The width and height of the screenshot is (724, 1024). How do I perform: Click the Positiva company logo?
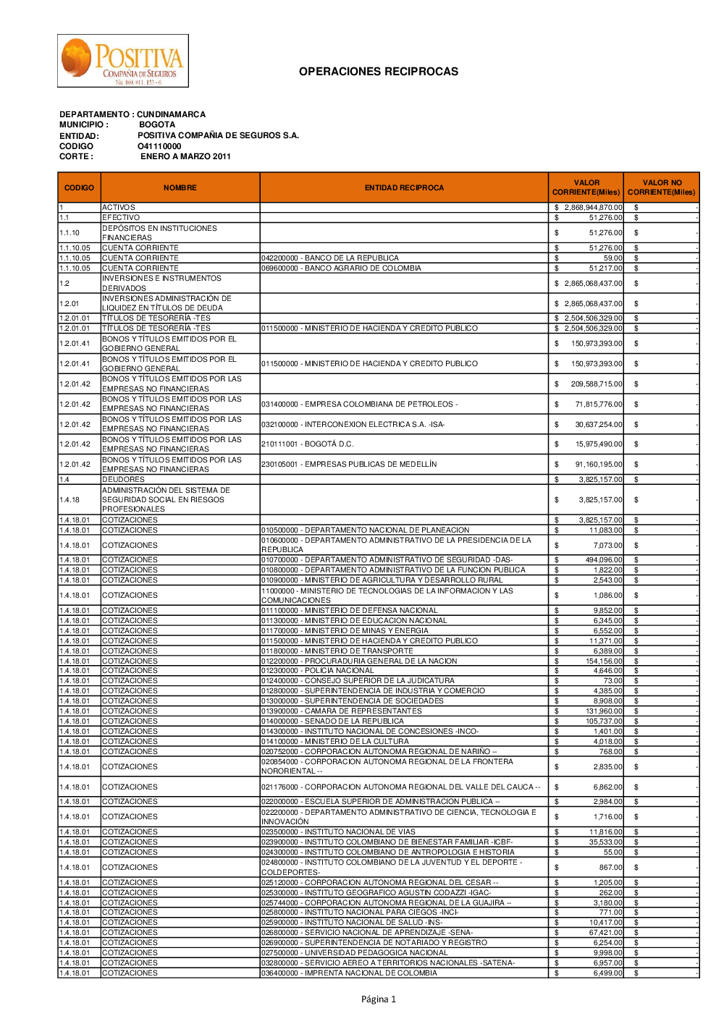pos(123,61)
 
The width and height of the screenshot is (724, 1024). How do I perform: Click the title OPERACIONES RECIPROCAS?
pos(378,72)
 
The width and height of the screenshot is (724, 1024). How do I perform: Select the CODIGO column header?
pos(79,188)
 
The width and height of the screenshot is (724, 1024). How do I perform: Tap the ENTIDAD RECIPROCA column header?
pos(404,188)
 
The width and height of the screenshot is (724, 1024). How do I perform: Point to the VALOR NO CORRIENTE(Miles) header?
pos(661,188)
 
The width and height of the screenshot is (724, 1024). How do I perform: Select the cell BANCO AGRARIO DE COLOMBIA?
pos(341,268)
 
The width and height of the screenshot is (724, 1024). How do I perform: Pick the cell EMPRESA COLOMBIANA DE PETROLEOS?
pos(359,405)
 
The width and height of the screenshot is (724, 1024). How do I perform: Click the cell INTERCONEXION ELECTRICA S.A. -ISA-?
pos(353,425)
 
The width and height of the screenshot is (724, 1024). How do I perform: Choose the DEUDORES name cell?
pos(124,480)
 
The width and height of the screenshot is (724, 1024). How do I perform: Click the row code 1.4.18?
pos(70,500)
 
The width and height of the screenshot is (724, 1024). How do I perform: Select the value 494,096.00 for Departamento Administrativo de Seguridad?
pos(603,560)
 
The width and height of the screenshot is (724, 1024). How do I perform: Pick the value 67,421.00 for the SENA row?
pos(605,933)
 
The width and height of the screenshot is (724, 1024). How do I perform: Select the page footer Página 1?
pos(379,999)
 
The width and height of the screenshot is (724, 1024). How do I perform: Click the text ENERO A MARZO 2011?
pos(185,156)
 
